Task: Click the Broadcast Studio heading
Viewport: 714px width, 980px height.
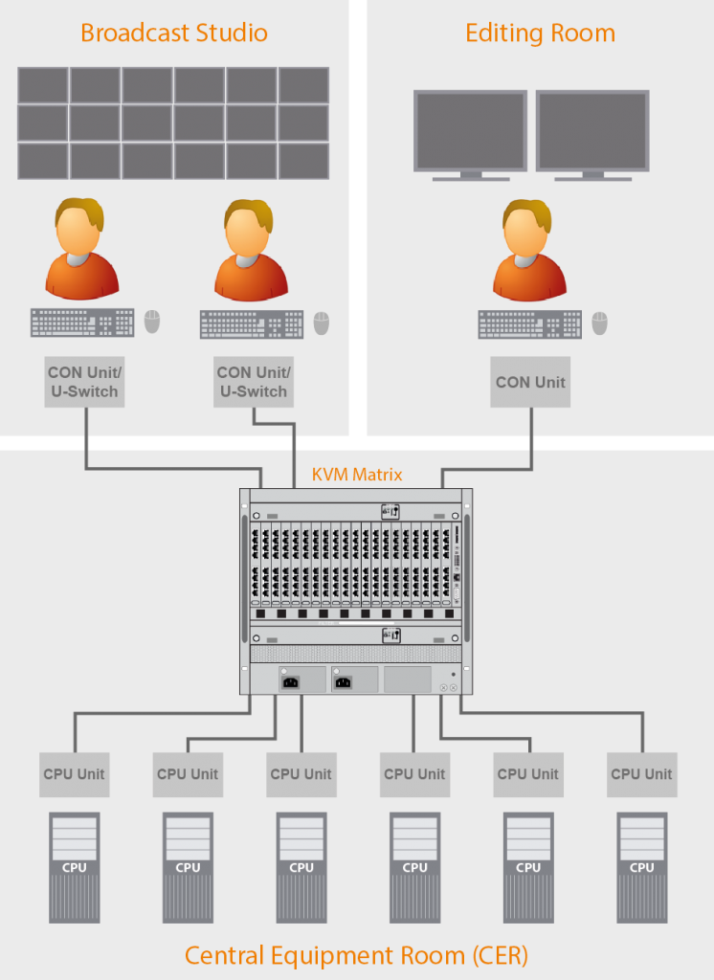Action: pyautogui.click(x=173, y=33)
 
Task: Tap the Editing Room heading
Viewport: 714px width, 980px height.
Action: pyautogui.click(x=540, y=33)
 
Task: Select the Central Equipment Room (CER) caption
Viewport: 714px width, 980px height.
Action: pyautogui.click(x=356, y=954)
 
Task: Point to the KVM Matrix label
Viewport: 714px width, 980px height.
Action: pyautogui.click(x=357, y=474)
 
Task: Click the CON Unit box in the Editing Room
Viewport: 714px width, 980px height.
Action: pyautogui.click(x=530, y=382)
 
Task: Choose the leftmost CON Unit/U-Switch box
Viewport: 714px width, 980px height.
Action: pyautogui.click(x=84, y=382)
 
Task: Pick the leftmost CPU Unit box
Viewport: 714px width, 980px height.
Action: pyautogui.click(x=75, y=774)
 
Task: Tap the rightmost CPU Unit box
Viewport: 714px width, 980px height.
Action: pyautogui.click(x=642, y=774)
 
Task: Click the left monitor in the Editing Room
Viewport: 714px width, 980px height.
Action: pyautogui.click(x=470, y=131)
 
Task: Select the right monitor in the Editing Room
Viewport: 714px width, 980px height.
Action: pyautogui.click(x=592, y=131)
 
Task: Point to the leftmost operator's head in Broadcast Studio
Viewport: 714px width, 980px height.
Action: pyautogui.click(x=78, y=228)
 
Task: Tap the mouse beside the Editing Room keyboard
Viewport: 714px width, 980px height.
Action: pyautogui.click(x=599, y=323)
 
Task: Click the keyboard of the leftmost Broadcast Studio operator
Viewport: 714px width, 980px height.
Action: pyautogui.click(x=82, y=323)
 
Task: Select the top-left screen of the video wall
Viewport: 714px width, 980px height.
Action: pyautogui.click(x=43, y=85)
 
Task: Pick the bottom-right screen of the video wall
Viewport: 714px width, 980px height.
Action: pyautogui.click(x=303, y=160)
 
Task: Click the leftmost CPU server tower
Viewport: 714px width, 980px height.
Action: pyautogui.click(x=75, y=867)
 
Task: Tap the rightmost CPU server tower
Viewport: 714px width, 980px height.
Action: pyautogui.click(x=642, y=867)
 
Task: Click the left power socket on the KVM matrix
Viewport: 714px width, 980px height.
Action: pyautogui.click(x=289, y=681)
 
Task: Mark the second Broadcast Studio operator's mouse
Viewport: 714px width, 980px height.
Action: pyautogui.click(x=321, y=323)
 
